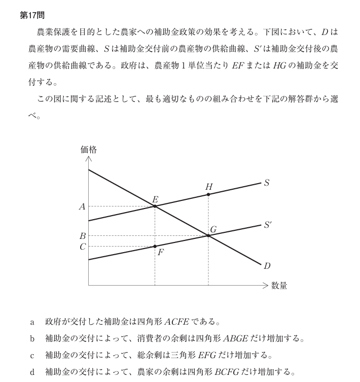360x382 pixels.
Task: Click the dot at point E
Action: tap(155, 206)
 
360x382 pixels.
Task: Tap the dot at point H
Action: tap(208, 194)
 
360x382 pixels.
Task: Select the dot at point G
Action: tap(208, 235)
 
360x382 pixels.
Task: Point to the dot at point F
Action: tap(155, 246)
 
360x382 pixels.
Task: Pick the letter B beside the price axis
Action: tap(82, 236)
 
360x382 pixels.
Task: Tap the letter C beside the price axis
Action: tap(82, 246)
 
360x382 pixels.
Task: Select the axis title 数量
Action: tap(279, 286)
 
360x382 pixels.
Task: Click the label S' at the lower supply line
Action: tap(268, 224)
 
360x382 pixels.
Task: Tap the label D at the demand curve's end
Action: tap(267, 265)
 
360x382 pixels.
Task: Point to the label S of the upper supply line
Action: tap(267, 183)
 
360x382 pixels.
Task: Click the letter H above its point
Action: tap(208, 187)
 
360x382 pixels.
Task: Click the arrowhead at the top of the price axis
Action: tap(88, 159)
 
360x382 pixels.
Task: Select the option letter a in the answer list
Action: tap(32, 322)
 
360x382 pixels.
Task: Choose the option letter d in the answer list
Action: tap(32, 372)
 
